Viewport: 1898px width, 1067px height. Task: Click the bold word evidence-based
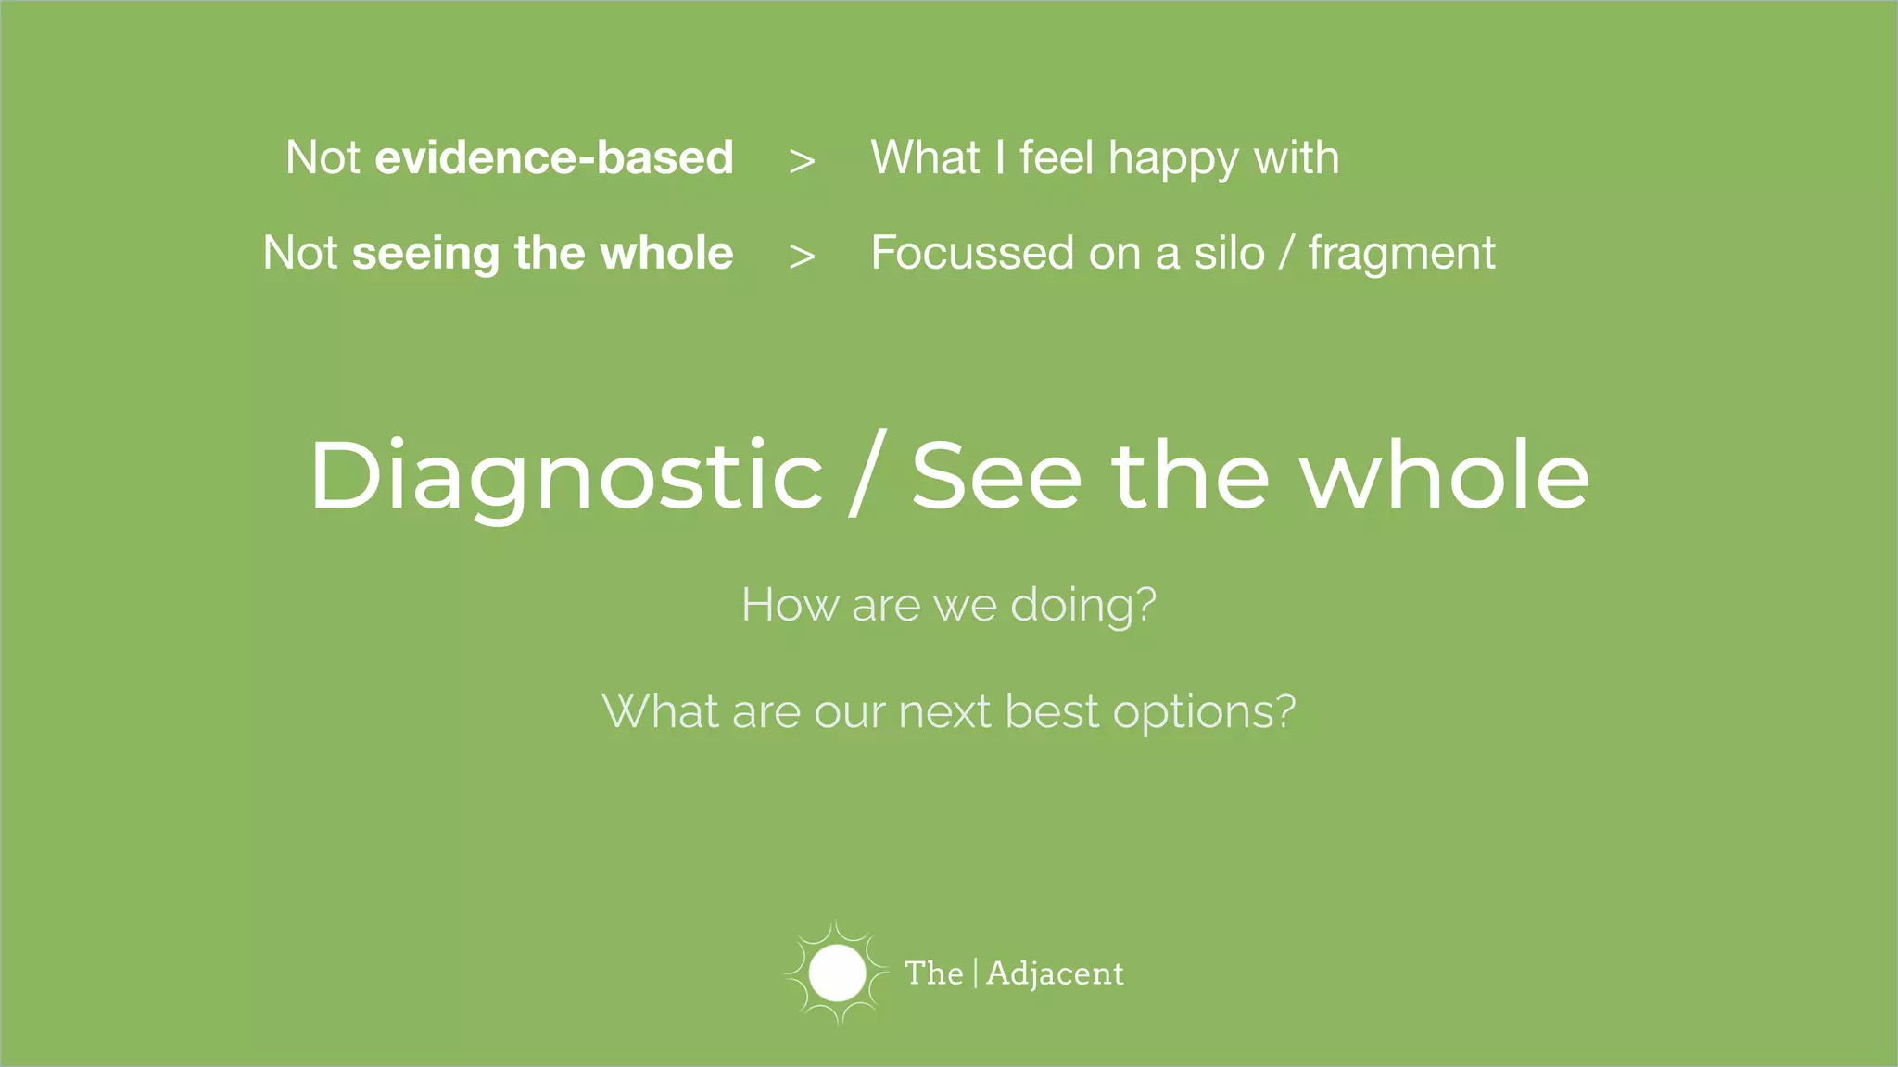pos(553,157)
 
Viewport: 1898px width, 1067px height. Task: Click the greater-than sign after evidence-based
pos(802,161)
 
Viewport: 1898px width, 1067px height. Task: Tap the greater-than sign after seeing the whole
pos(802,257)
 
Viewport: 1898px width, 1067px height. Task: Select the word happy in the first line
pos(1173,159)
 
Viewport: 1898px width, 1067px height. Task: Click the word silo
pos(1229,253)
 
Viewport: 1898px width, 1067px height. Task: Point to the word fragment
pos(1401,253)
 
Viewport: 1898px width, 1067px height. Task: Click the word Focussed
pos(972,253)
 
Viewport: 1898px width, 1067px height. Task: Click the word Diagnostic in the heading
pos(565,476)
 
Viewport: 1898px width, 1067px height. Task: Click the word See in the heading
pos(996,476)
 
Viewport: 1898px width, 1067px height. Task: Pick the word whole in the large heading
pos(1446,476)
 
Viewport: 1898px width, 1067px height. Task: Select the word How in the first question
pos(790,605)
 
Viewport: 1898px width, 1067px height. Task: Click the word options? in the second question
pos(1204,713)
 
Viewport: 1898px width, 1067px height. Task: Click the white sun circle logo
pos(837,973)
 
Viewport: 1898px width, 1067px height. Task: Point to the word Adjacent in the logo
pos(1055,973)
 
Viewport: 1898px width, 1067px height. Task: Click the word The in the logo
pos(933,973)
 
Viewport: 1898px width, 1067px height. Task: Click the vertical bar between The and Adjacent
pos(975,973)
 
